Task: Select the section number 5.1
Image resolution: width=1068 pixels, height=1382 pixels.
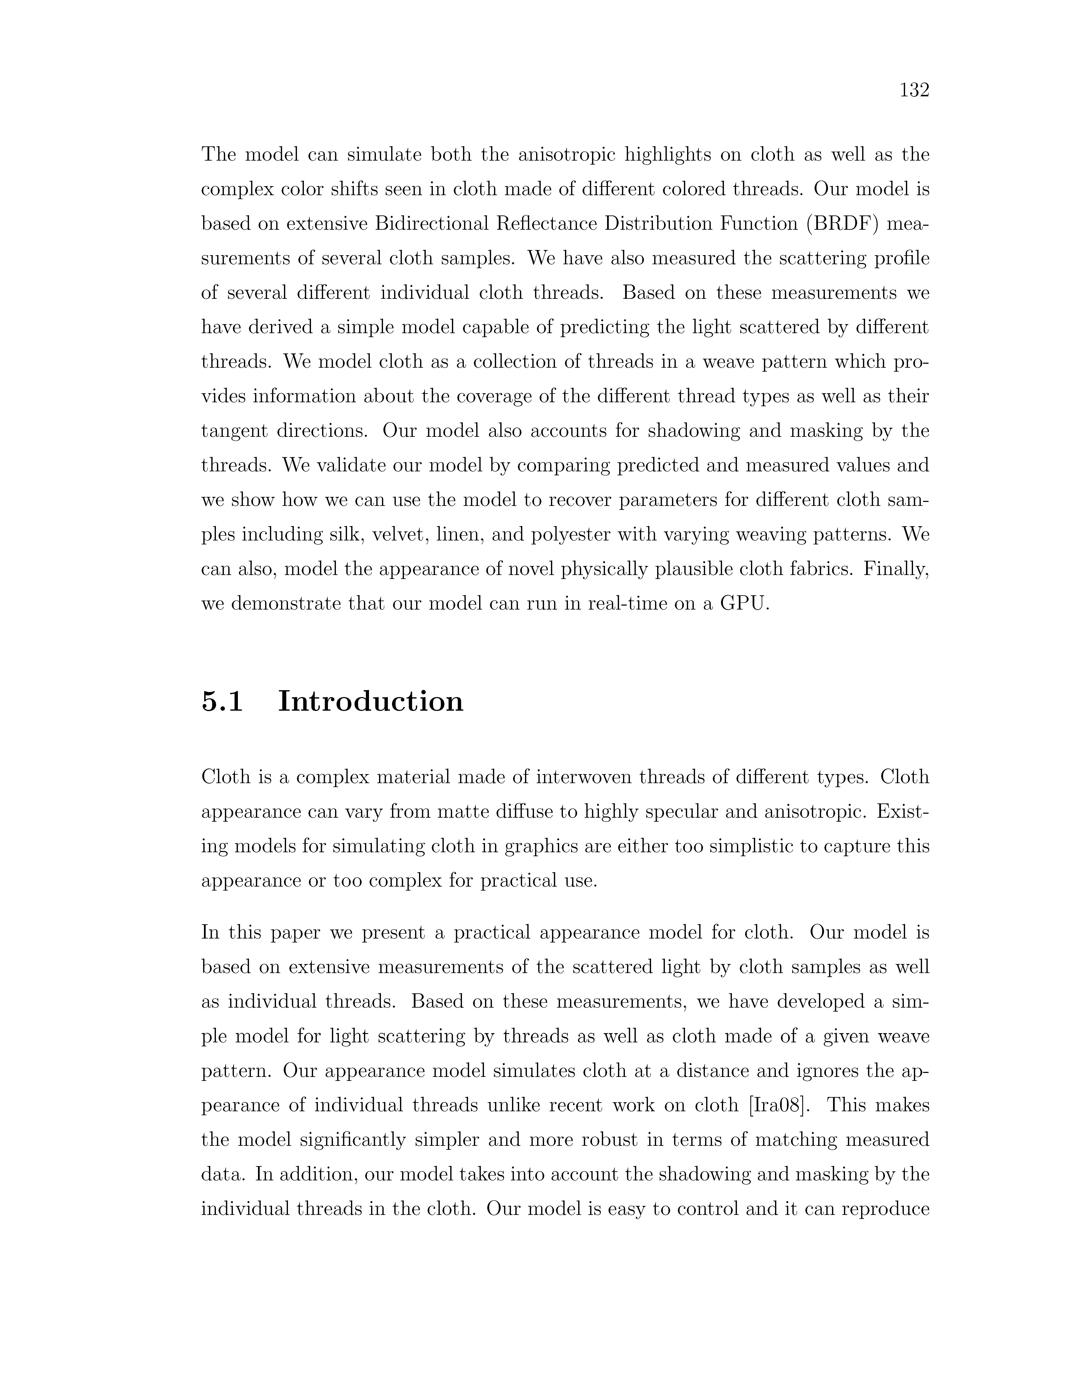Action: (222, 702)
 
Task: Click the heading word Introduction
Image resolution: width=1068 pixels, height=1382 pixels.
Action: (371, 702)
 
